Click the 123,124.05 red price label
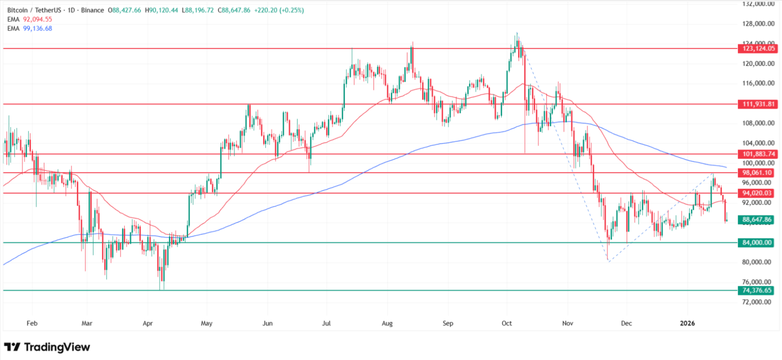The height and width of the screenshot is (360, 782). (x=758, y=48)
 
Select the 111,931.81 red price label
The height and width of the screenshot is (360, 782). (x=758, y=104)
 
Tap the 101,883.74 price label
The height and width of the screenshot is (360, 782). (x=758, y=154)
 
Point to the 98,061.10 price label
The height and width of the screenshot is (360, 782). (x=758, y=173)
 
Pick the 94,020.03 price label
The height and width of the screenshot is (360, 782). (x=758, y=193)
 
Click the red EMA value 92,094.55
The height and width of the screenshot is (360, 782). (x=38, y=19)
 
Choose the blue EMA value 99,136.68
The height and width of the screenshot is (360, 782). (x=38, y=28)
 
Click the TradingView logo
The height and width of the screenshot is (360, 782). (x=47, y=347)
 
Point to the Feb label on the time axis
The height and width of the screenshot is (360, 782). (x=32, y=323)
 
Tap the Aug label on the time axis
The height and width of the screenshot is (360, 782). (x=387, y=323)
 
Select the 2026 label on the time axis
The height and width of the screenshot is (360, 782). (x=687, y=323)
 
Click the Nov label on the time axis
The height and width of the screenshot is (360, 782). (x=568, y=323)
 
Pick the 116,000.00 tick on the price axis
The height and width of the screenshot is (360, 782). (x=758, y=84)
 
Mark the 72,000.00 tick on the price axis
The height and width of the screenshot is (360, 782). (x=758, y=302)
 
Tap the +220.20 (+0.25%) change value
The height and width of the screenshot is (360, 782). (x=279, y=10)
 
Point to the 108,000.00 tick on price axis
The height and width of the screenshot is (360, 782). (x=758, y=123)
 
